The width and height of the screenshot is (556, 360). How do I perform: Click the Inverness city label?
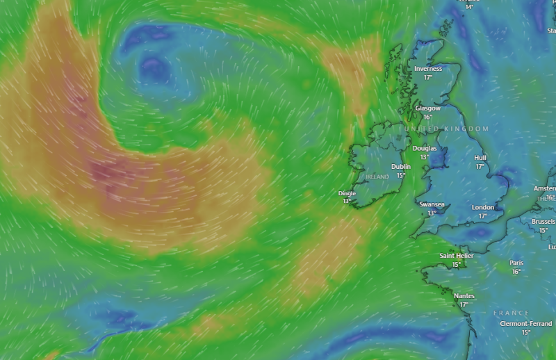point(427,69)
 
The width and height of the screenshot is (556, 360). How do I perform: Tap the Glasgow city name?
point(427,108)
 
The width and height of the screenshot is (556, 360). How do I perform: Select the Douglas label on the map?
point(424,148)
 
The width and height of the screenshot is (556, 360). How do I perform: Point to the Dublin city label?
point(401,167)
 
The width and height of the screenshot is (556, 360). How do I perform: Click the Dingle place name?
point(347,193)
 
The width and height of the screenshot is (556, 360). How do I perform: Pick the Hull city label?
point(480,158)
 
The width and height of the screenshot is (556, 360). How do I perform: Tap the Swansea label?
point(432,204)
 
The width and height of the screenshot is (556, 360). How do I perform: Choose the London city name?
point(483,207)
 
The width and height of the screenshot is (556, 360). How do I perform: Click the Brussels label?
point(543,222)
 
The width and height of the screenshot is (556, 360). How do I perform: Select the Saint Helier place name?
point(457,256)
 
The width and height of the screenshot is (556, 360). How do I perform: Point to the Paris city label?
point(516,263)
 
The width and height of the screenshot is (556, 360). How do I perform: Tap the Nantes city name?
point(464,296)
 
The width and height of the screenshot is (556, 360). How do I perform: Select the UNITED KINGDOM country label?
point(445,129)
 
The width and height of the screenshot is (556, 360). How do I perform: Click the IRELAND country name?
point(377,177)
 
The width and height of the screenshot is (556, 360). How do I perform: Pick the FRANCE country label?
point(512,313)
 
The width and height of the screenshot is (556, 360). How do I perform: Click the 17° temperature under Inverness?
point(427,77)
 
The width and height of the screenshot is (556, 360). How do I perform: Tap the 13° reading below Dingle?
point(347,201)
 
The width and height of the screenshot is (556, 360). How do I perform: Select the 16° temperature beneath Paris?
point(516,271)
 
